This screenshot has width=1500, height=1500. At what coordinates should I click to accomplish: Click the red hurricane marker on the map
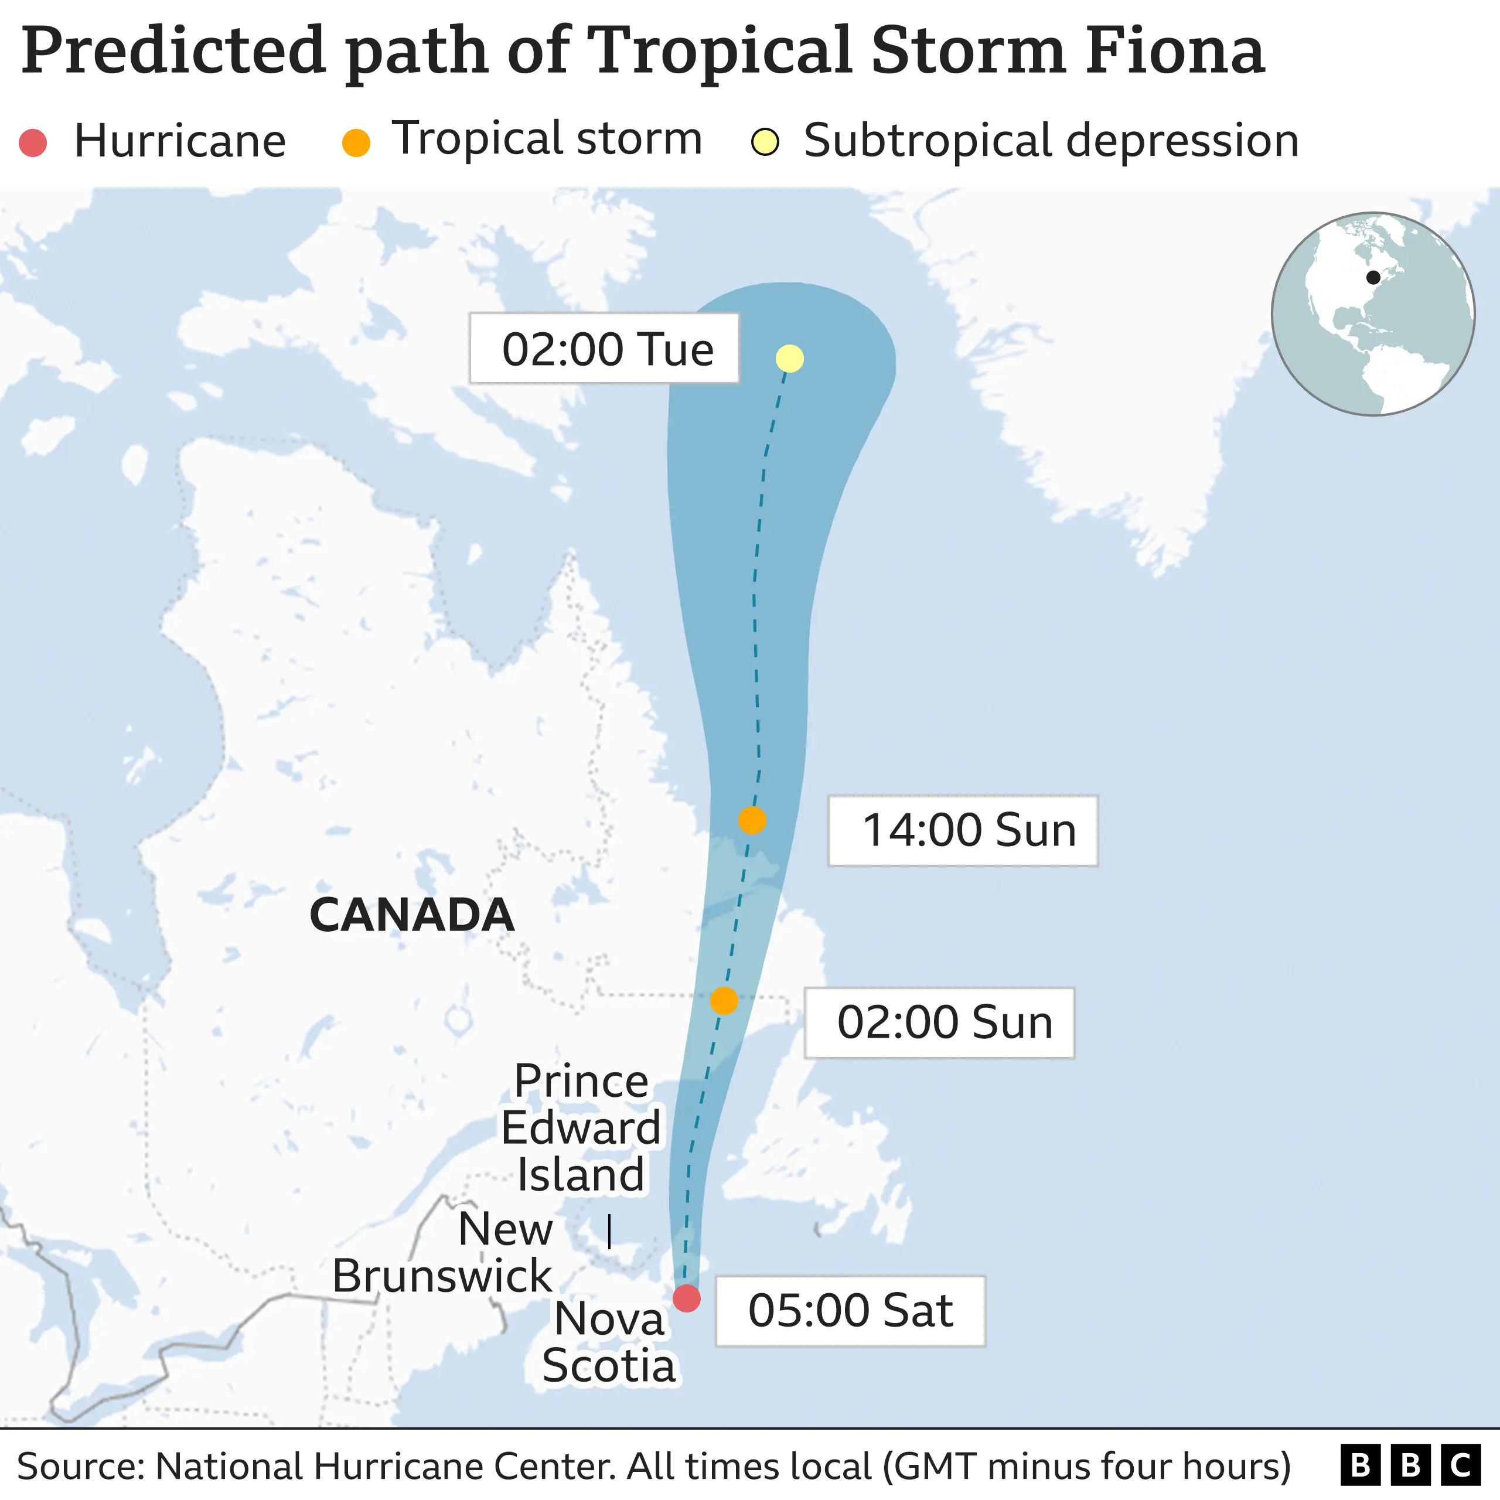pos(686,1297)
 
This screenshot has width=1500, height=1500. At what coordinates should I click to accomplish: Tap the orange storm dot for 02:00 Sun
pos(724,1001)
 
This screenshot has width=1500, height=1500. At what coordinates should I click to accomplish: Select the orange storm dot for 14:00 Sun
pos(752,820)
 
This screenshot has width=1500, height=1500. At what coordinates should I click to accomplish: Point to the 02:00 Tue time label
pos(605,349)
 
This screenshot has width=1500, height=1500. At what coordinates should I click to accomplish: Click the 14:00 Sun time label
pos(963,830)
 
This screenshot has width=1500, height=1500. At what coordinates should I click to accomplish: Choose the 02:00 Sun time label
pos(939,1022)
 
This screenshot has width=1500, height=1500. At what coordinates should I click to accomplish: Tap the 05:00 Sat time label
pos(850,1311)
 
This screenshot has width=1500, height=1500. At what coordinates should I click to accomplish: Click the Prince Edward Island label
pos(581,1127)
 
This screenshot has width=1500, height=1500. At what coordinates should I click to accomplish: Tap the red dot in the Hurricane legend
pos(33,143)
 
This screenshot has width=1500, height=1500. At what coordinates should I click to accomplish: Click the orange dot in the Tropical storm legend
pos(356,143)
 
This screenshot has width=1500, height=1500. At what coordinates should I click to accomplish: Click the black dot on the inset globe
pos(1373,277)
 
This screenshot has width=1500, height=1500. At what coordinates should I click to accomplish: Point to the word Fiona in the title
pos(1175,50)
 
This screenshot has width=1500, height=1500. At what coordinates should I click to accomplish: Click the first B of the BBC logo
pos(1360,1466)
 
